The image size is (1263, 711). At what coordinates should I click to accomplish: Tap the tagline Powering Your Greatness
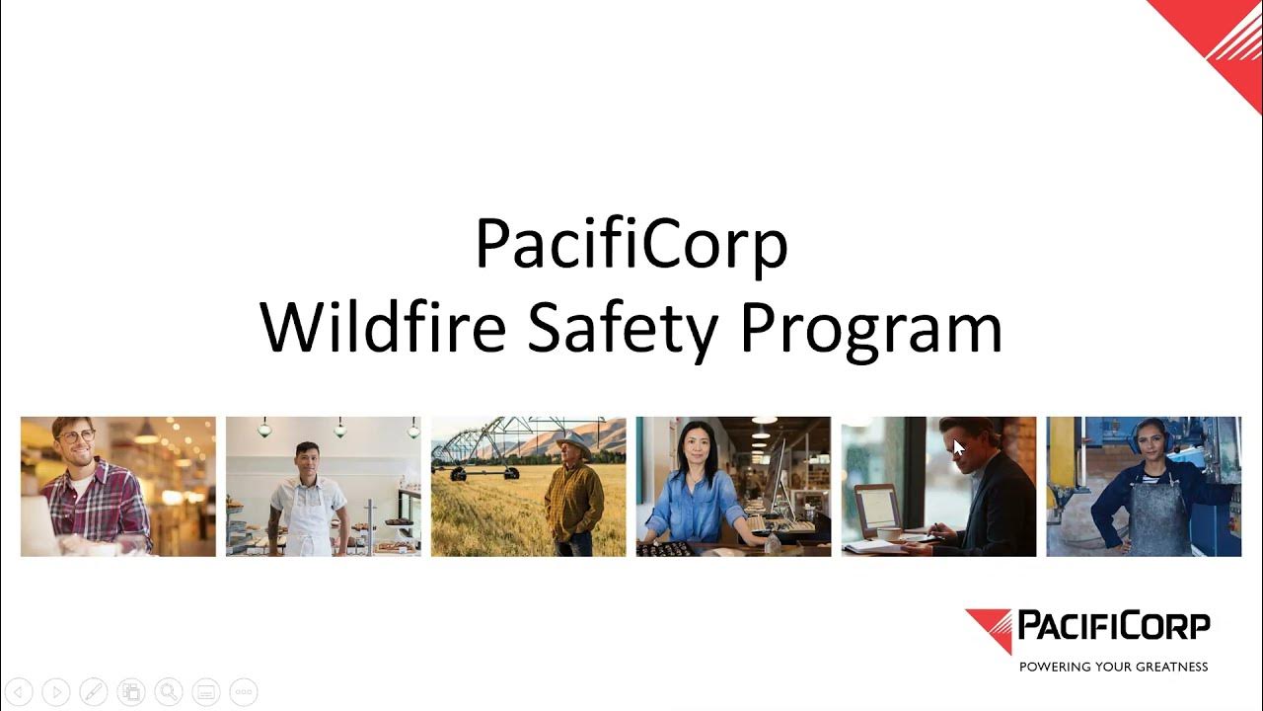pyautogui.click(x=1113, y=667)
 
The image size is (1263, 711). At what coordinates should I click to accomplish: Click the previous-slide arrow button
pyautogui.click(x=19, y=692)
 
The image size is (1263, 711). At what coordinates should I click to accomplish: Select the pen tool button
pyautogui.click(x=94, y=692)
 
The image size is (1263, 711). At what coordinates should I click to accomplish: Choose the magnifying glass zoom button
pyautogui.click(x=169, y=692)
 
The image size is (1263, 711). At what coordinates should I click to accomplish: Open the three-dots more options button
pyautogui.click(x=244, y=692)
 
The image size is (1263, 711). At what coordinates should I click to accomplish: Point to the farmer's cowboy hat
pyautogui.click(x=573, y=444)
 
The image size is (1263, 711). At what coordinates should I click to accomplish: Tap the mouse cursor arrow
pyautogui.click(x=958, y=447)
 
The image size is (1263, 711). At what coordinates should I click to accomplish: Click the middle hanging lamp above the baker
pyautogui.click(x=339, y=429)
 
